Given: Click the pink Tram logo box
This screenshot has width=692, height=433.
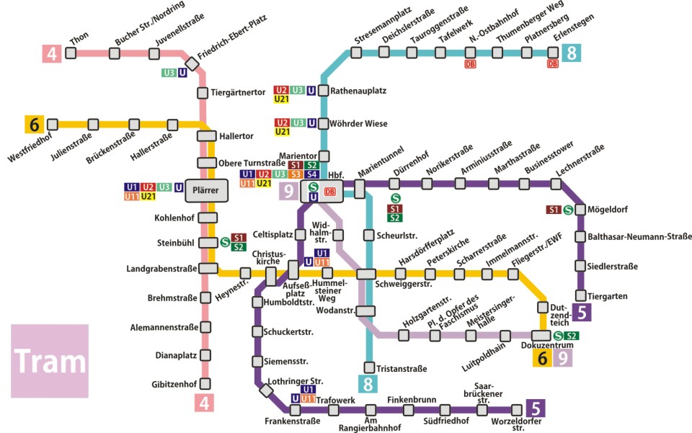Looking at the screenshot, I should click(49, 361).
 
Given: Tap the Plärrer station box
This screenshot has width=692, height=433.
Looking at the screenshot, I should click(206, 190).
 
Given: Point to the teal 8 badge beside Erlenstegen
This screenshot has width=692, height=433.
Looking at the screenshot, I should click(572, 53).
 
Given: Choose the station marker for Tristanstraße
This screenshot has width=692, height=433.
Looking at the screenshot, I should click(370, 367).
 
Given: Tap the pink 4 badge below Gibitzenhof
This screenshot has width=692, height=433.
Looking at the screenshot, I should click(205, 403).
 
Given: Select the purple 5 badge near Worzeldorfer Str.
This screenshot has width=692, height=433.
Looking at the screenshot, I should click(536, 409).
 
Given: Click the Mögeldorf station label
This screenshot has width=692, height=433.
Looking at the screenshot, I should click(608, 210).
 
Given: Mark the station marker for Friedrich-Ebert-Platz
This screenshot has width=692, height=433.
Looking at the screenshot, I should click(191, 61).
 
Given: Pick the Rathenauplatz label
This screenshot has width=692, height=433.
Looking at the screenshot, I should click(359, 91).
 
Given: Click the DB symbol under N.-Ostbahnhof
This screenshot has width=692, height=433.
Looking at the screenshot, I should click(470, 64).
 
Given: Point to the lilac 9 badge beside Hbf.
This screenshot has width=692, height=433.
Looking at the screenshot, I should click(289, 191).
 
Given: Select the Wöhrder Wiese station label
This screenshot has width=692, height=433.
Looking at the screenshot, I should click(359, 124).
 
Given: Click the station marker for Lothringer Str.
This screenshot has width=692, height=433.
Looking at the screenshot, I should click(266, 391).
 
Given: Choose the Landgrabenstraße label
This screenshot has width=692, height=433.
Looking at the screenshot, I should click(161, 269).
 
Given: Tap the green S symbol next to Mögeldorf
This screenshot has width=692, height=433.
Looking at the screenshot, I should click(568, 210).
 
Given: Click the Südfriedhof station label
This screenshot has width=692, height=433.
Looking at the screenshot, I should click(446, 421).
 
